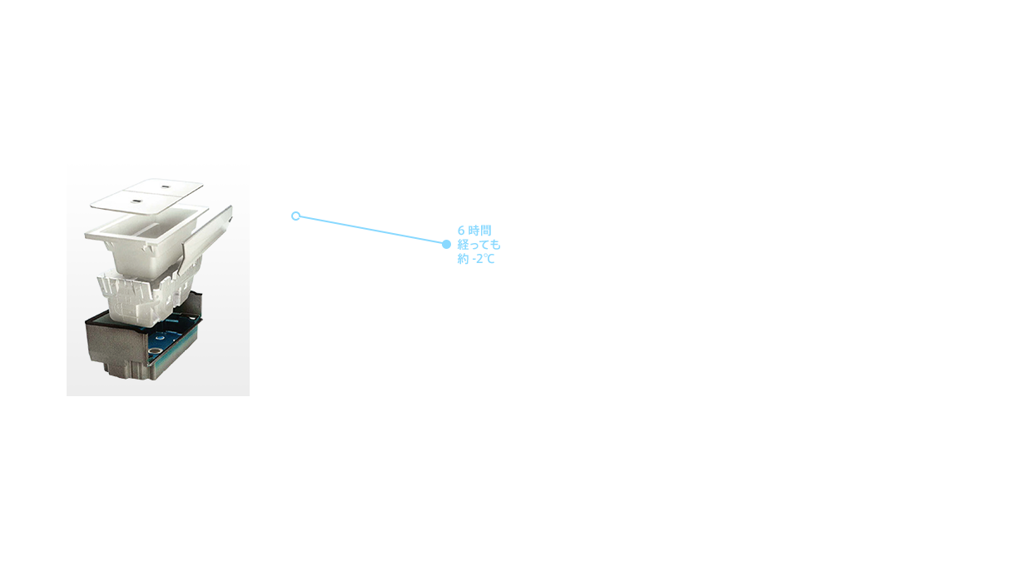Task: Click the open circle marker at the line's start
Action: [294, 216]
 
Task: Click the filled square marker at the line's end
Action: [447, 244]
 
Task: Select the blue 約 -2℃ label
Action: [475, 259]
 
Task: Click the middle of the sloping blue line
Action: [370, 230]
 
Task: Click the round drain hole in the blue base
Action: [155, 351]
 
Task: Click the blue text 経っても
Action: [479, 245]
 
